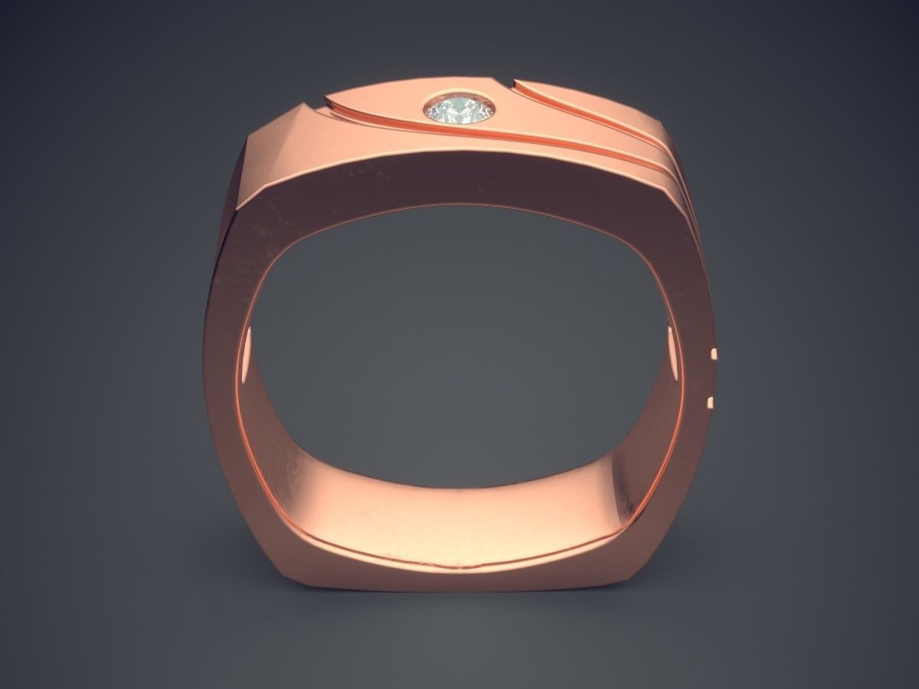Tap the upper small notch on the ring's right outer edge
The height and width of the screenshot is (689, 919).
coord(715,354)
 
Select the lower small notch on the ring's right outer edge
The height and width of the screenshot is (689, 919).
coord(710,401)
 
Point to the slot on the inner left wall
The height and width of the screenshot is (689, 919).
coord(247,359)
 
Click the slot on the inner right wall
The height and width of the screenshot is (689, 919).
coord(672,351)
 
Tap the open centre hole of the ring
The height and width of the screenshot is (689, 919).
coord(459,329)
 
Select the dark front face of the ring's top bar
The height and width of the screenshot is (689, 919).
coord(459,184)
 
